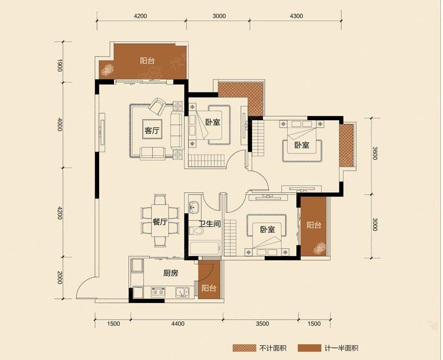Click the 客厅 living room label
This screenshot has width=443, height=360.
coord(152,131)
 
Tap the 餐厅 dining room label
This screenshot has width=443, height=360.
coord(160,222)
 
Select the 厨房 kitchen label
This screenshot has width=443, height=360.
coord(171,273)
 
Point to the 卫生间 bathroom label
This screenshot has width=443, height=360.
coord(209,224)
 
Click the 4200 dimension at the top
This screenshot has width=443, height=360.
coord(141,16)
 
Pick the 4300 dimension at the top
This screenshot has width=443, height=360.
coord(296,16)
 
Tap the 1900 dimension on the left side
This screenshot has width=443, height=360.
coord(59,65)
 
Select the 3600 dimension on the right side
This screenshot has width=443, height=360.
coord(375,153)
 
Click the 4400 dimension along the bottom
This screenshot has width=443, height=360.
coord(178,323)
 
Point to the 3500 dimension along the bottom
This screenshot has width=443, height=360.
coord(262,323)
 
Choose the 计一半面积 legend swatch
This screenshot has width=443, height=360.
coord(310,348)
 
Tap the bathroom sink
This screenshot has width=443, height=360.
coord(194,207)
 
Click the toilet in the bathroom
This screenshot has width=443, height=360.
coord(196,231)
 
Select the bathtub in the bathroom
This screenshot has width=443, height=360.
coord(205,248)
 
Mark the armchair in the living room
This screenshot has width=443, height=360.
coord(157,106)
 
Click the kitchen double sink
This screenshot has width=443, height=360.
coord(182,292)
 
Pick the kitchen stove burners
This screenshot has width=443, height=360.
coord(158,292)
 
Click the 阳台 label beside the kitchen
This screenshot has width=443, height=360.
coord(209,288)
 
